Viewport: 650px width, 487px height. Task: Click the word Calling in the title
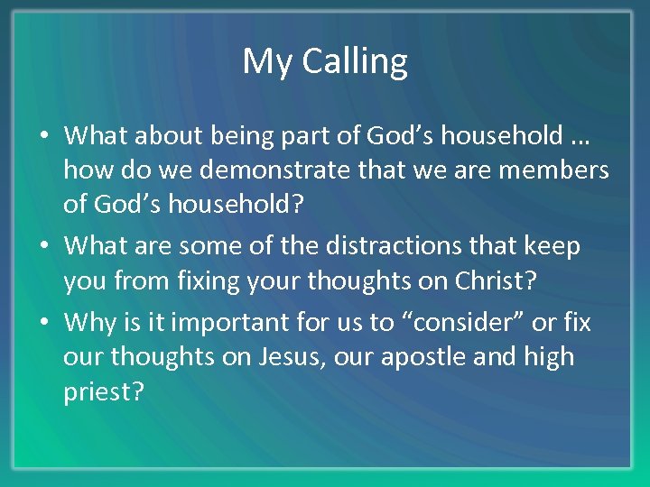(355, 62)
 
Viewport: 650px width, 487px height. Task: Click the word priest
(101, 394)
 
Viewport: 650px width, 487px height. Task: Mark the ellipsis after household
(580, 138)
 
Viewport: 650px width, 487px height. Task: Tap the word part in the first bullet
(283, 136)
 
